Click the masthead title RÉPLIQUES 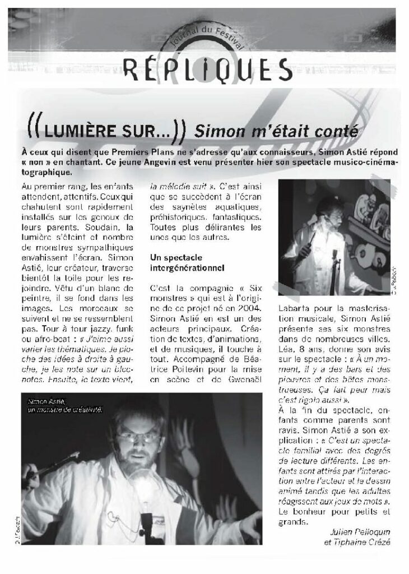[x=207, y=69]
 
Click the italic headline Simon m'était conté [x=275, y=132]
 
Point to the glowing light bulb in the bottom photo [x=143, y=482]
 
